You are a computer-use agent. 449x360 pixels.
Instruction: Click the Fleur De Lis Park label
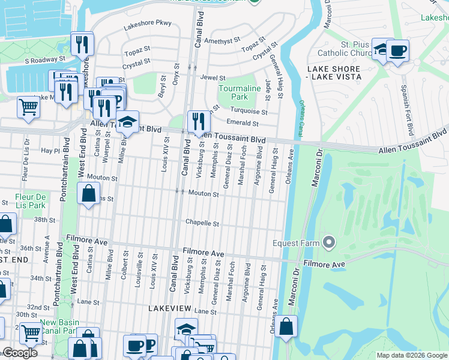[x=31, y=201]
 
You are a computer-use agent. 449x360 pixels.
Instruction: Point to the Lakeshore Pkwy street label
[x=148, y=25]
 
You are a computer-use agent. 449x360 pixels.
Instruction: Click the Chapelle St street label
[x=202, y=223]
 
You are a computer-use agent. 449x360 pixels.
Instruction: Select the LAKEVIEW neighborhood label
[x=170, y=308]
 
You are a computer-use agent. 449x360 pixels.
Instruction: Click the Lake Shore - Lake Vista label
[x=334, y=73]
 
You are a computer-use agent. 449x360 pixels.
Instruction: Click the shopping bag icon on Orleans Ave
[x=286, y=328]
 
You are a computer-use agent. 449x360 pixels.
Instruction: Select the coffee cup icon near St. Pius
[x=397, y=50]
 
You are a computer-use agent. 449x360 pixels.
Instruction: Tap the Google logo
[x=20, y=353]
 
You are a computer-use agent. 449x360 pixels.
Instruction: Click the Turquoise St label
[x=251, y=111]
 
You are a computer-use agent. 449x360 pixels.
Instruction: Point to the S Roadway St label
[x=45, y=60]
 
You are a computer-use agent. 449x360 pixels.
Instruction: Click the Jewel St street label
[x=213, y=78]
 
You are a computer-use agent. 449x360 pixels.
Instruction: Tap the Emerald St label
[x=246, y=123]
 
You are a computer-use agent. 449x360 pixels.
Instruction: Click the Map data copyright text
[x=411, y=355]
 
